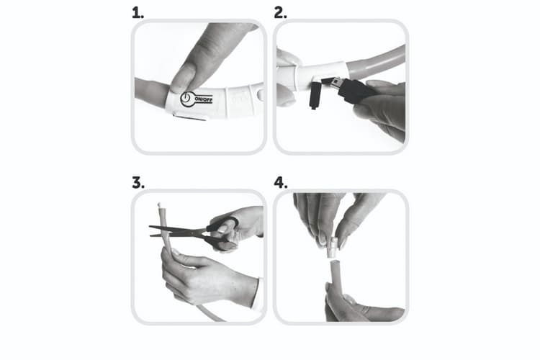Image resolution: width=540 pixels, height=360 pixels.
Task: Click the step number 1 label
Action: [138, 13]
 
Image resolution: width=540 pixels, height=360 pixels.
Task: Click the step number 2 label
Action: [280, 13]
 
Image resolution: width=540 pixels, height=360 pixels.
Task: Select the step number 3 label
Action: [138, 183]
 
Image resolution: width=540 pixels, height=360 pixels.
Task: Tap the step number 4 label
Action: [281, 183]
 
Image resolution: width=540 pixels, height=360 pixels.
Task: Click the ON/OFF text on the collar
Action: [204, 99]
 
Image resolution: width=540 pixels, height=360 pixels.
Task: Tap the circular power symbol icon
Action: [186, 99]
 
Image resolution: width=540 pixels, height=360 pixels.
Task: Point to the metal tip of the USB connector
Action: [330, 82]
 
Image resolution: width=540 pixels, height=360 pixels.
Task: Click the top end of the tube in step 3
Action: [159, 206]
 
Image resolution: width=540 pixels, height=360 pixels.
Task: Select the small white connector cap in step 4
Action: [332, 247]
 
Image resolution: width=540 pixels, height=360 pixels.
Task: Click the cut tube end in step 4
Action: [335, 263]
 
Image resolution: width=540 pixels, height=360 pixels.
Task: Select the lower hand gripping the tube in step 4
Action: [358, 305]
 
